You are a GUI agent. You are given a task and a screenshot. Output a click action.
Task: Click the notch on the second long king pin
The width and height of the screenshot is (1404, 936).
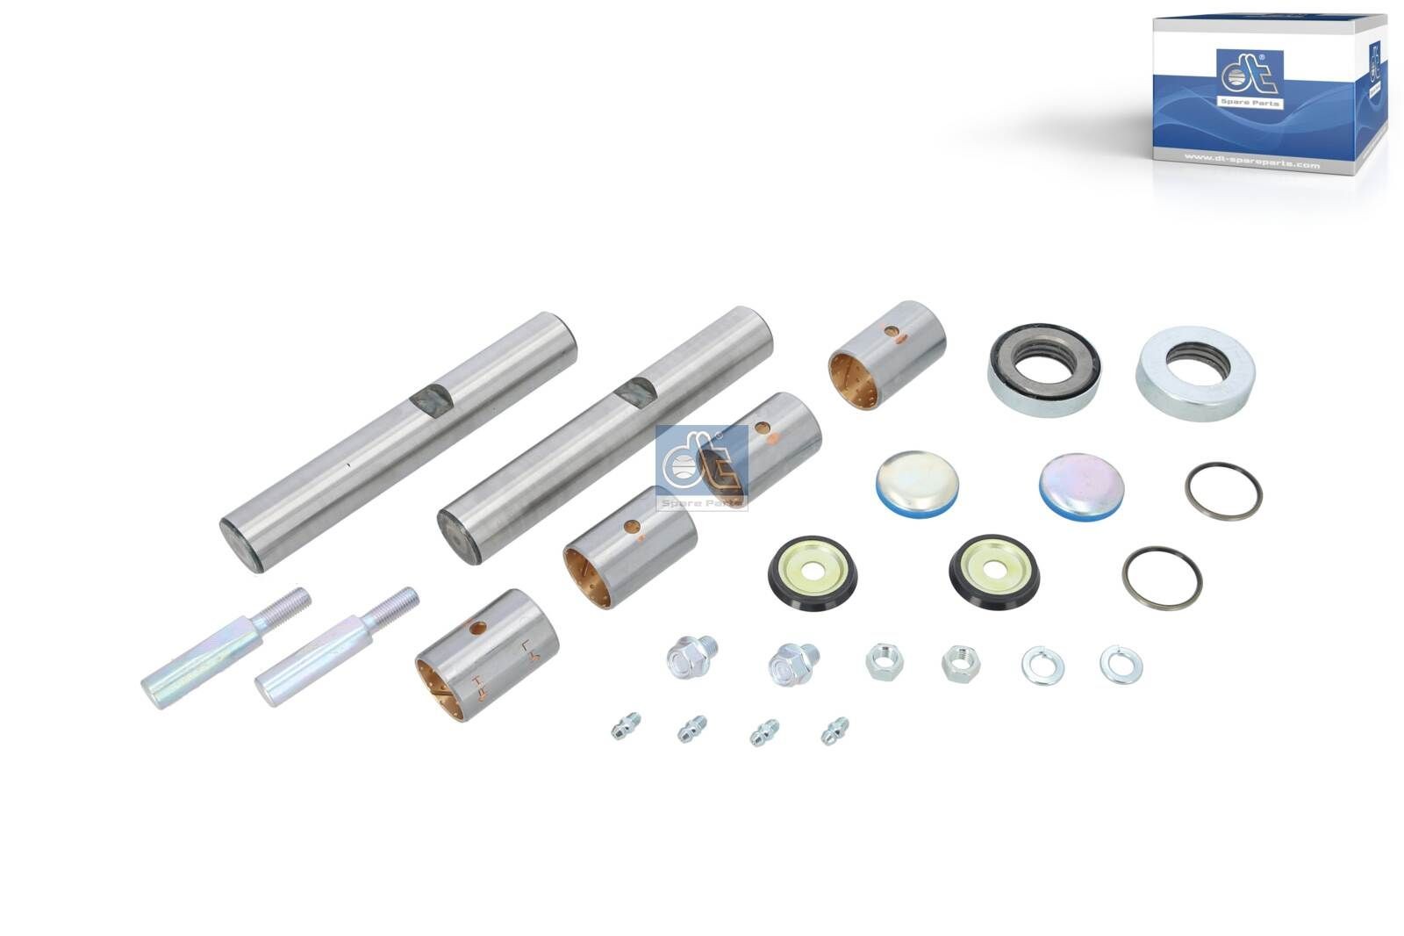point(635,391)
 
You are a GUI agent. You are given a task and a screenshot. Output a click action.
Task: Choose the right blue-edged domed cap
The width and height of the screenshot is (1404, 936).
point(1080,487)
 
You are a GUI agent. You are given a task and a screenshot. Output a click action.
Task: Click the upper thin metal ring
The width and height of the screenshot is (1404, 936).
point(1223,491)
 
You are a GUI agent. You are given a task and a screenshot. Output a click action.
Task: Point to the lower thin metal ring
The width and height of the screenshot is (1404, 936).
point(1161,577)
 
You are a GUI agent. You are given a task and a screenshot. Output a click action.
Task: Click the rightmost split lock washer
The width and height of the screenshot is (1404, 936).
point(1121,664)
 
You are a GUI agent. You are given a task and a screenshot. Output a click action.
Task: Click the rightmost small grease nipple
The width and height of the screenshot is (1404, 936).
point(835,731)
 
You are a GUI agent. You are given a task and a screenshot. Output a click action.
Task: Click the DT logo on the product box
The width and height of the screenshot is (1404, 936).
point(1249,79)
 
